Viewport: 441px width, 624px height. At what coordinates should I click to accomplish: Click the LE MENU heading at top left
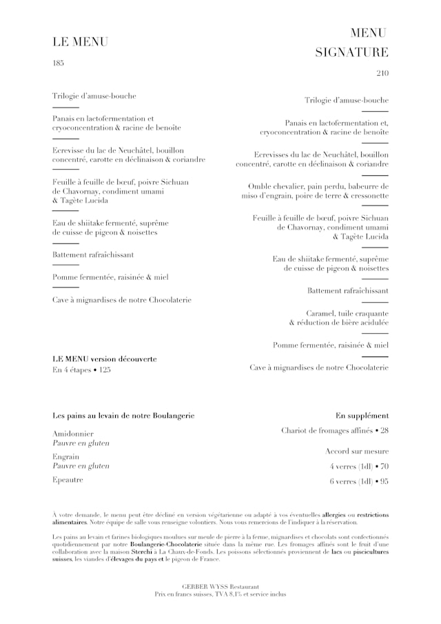80,42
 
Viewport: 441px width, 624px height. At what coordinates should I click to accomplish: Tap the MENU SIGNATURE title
351,43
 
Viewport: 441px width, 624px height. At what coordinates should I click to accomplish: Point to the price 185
58,63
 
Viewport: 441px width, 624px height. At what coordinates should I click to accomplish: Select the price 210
382,74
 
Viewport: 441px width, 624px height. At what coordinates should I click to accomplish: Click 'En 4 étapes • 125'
81,370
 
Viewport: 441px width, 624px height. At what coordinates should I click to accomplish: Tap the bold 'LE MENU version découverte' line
105,359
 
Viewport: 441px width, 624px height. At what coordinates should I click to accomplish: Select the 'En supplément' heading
362,416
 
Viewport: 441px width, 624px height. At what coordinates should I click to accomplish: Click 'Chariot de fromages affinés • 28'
335,431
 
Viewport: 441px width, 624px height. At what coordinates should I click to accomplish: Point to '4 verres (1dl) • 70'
359,466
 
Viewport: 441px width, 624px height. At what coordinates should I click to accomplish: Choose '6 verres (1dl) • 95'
359,481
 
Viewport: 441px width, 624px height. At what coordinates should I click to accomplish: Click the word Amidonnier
72,434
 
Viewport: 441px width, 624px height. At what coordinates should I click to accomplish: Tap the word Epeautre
68,480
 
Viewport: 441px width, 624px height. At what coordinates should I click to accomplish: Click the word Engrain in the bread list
65,456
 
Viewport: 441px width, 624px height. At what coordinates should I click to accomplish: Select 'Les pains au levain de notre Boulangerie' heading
123,416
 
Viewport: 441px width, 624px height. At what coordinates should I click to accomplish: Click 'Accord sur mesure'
357,451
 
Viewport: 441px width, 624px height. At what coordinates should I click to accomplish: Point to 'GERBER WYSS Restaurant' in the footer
220,585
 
